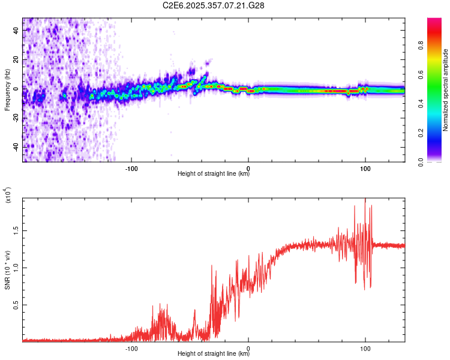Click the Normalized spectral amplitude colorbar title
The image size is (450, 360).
click(x=445, y=90)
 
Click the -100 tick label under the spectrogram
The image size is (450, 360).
click(x=131, y=169)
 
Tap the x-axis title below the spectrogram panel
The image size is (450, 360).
click(x=214, y=175)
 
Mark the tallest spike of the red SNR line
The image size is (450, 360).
click(x=365, y=200)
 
